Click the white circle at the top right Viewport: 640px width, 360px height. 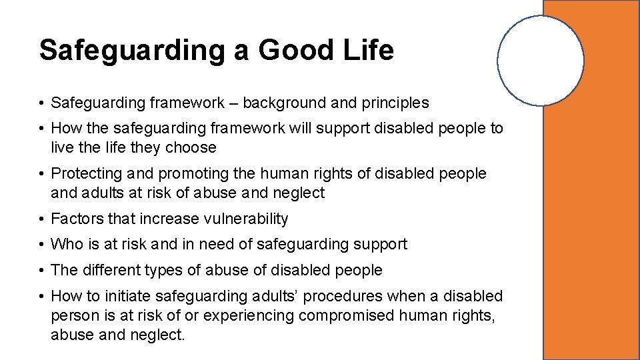pyautogui.click(x=541, y=61)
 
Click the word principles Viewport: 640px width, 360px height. pyautogui.click(x=395, y=103)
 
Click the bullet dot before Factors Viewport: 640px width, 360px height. pyautogui.click(x=41, y=219)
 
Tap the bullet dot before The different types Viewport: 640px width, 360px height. pyautogui.click(x=41, y=270)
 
